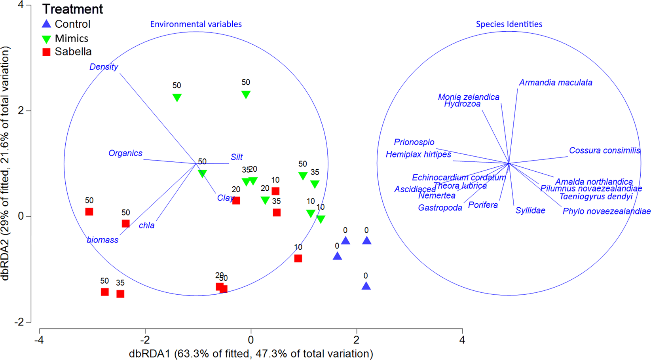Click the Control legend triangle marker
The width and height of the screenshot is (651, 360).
(47, 24)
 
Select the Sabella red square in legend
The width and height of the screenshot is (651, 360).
(47, 52)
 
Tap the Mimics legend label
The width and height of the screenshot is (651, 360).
(72, 38)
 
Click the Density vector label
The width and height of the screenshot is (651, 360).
(104, 67)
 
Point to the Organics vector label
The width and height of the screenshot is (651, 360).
(125, 153)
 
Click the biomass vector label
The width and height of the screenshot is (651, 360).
(102, 240)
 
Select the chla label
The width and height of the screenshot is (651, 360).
(146, 225)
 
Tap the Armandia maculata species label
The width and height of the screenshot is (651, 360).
(556, 83)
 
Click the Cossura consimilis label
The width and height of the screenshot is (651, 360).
(604, 150)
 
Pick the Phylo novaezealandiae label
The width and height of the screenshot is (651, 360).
(606, 211)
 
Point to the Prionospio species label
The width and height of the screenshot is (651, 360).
(414, 142)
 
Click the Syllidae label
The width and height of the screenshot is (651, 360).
(530, 210)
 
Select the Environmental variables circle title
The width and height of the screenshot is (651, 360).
(196, 24)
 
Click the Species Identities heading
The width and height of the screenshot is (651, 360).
(509, 24)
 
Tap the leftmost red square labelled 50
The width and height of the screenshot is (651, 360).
(89, 212)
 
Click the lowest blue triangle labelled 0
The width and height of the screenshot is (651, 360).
(366, 286)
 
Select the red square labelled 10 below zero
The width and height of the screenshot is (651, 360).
(298, 258)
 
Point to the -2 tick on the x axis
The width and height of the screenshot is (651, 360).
(145, 339)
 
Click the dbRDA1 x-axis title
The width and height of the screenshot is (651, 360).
(251, 353)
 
